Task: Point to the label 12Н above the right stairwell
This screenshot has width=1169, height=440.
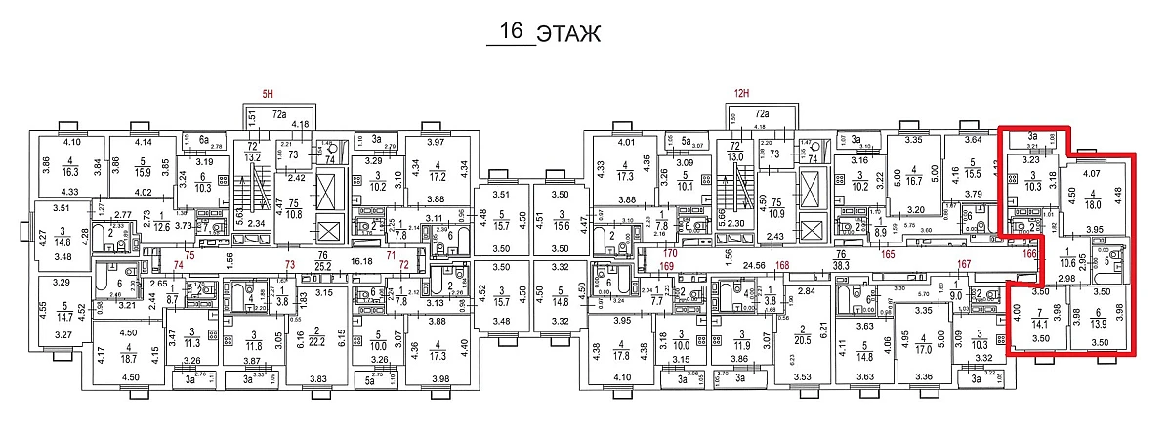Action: (x=740, y=94)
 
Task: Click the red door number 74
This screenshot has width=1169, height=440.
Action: (x=179, y=266)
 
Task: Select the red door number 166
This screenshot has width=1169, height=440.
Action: (x=1028, y=254)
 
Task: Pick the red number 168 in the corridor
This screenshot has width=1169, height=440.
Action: (x=781, y=265)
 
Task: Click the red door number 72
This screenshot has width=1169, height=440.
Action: (x=403, y=266)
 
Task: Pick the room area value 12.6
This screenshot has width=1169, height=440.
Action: (x=161, y=227)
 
